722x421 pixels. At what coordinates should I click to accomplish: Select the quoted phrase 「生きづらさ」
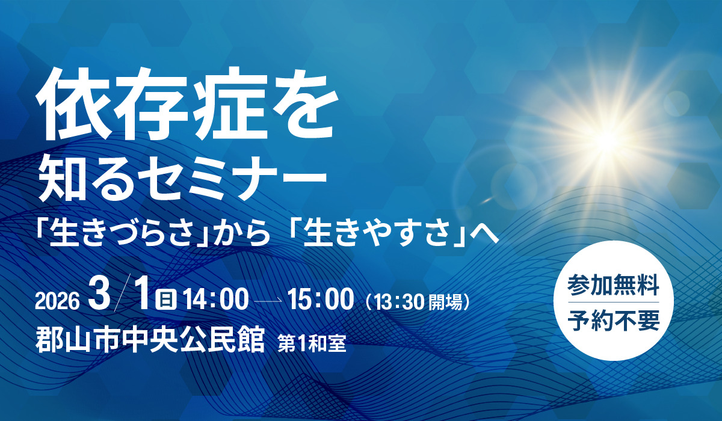(123, 233)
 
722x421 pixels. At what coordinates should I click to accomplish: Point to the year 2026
(57, 301)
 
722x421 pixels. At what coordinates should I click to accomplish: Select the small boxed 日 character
(165, 301)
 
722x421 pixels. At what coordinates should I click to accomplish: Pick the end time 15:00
(320, 300)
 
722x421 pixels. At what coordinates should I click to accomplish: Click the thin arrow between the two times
(269, 301)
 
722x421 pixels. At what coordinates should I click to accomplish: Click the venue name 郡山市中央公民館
(150, 339)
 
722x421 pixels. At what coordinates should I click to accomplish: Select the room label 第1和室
(312, 343)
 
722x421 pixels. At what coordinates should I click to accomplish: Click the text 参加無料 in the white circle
(613, 285)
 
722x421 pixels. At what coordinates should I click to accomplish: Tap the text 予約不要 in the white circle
(613, 321)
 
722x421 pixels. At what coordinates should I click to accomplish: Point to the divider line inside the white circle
(613, 303)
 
